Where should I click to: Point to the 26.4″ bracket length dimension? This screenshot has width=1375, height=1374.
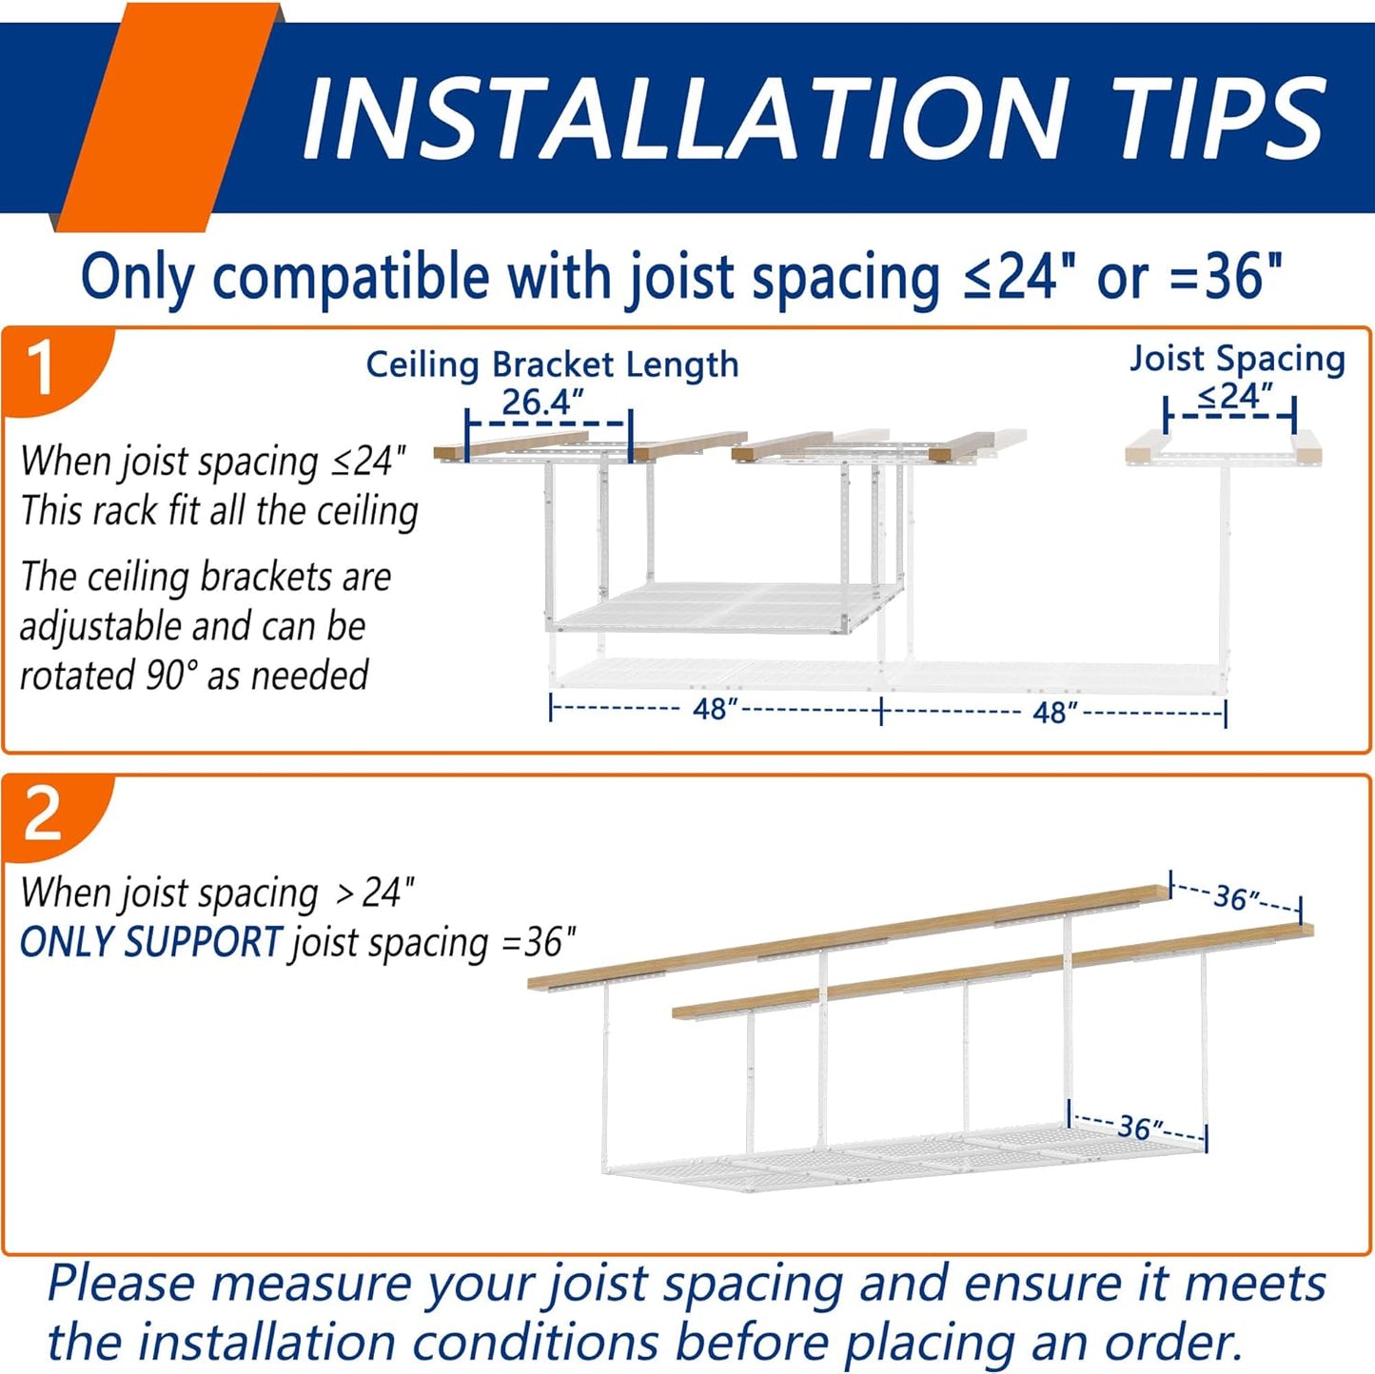pyautogui.click(x=543, y=402)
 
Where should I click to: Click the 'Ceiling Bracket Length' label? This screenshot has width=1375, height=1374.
pyautogui.click(x=552, y=364)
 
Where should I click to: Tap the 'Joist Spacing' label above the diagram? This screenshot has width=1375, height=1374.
pyautogui.click(x=1237, y=359)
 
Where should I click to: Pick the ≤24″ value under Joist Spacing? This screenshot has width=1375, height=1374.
pyautogui.click(x=1234, y=395)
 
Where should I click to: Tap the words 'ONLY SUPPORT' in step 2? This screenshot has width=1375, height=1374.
pyautogui.click(x=151, y=941)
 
